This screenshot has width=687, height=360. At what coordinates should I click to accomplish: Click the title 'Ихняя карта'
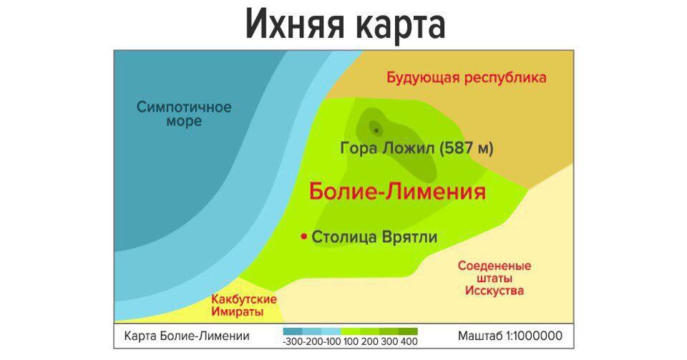click(x=345, y=24)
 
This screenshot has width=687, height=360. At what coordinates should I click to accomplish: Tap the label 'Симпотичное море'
click(x=184, y=114)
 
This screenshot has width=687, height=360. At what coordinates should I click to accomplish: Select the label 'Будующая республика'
click(x=466, y=78)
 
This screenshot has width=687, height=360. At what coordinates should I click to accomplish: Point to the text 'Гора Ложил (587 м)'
click(x=416, y=148)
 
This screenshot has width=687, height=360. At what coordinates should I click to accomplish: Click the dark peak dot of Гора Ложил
click(x=376, y=130)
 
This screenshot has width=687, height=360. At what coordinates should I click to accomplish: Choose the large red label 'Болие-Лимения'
click(x=397, y=192)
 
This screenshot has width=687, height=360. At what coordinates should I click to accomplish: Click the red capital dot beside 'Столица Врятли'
click(x=303, y=237)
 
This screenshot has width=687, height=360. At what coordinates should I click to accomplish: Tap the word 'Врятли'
click(x=409, y=238)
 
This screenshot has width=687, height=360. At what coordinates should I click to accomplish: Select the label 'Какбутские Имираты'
click(x=243, y=306)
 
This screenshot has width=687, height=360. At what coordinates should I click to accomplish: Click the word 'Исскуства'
click(x=494, y=291)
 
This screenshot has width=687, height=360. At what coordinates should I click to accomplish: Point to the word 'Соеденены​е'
click(x=494, y=266)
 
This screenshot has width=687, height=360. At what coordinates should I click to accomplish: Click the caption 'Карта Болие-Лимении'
click(x=187, y=336)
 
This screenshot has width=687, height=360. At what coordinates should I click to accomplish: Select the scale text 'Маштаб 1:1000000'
click(x=510, y=336)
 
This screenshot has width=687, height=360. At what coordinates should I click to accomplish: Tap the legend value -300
click(x=293, y=341)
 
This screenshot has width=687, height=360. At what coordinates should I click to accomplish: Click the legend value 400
click(x=409, y=341)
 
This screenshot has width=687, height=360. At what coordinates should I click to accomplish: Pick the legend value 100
click(x=351, y=341)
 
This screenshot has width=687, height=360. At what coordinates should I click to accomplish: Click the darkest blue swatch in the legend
click(x=293, y=331)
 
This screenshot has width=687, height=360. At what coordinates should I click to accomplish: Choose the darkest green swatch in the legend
click(x=408, y=331)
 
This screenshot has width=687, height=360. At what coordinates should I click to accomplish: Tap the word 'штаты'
click(x=494, y=278)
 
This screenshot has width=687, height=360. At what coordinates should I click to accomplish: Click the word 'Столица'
click(x=344, y=238)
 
